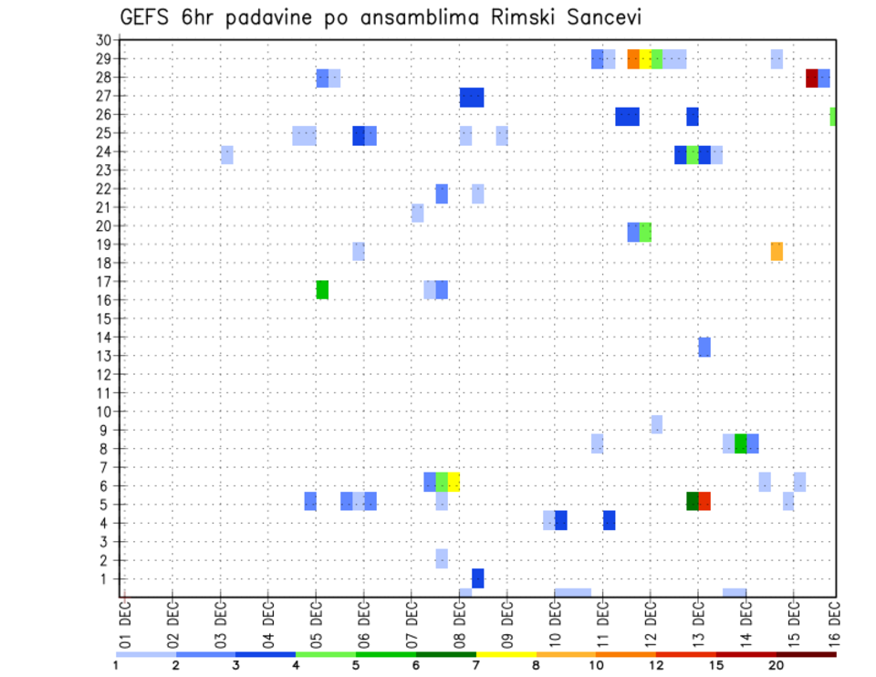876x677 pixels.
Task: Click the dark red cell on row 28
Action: [x=811, y=78]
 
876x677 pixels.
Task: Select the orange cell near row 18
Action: [x=777, y=252]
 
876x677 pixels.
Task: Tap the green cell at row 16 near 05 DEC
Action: [x=322, y=289]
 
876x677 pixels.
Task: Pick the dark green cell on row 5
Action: [x=693, y=501]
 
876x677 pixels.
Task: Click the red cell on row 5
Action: [x=704, y=501]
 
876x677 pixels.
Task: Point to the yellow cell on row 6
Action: [x=454, y=482]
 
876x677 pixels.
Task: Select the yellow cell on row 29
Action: [x=645, y=59]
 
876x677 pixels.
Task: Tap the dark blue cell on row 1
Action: [x=478, y=578]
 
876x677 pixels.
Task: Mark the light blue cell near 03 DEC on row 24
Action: [x=227, y=155]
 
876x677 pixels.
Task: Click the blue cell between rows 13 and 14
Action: [x=704, y=347]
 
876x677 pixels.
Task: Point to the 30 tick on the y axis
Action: [x=103, y=40]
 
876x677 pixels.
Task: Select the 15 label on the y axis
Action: [x=103, y=319]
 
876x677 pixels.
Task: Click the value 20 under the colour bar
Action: [x=776, y=664]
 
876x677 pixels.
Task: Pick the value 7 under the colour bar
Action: [x=475, y=664]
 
